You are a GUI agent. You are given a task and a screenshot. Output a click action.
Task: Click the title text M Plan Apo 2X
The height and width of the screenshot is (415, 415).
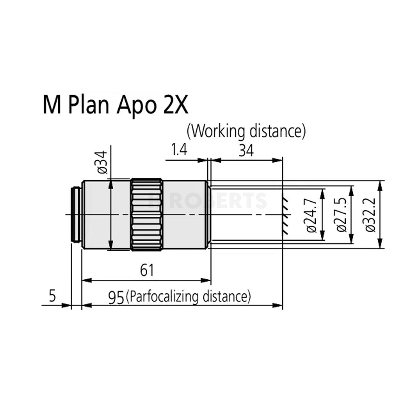(x=115, y=106)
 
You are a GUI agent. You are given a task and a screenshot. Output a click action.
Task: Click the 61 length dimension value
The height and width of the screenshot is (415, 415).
(x=146, y=270)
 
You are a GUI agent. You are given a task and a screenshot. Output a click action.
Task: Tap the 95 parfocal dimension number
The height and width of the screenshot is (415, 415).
(x=116, y=297)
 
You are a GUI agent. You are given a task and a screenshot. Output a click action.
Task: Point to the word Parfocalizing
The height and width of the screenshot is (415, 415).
(x=164, y=297)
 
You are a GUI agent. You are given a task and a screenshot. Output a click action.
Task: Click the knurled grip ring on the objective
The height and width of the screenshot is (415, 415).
(x=146, y=215)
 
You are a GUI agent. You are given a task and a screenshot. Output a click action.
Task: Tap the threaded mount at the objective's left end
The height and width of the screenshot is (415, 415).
(x=76, y=215)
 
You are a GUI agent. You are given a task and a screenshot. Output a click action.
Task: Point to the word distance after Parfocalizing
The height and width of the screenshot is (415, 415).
(x=226, y=297)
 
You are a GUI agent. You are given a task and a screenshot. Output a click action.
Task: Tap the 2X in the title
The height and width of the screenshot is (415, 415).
(x=174, y=106)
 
